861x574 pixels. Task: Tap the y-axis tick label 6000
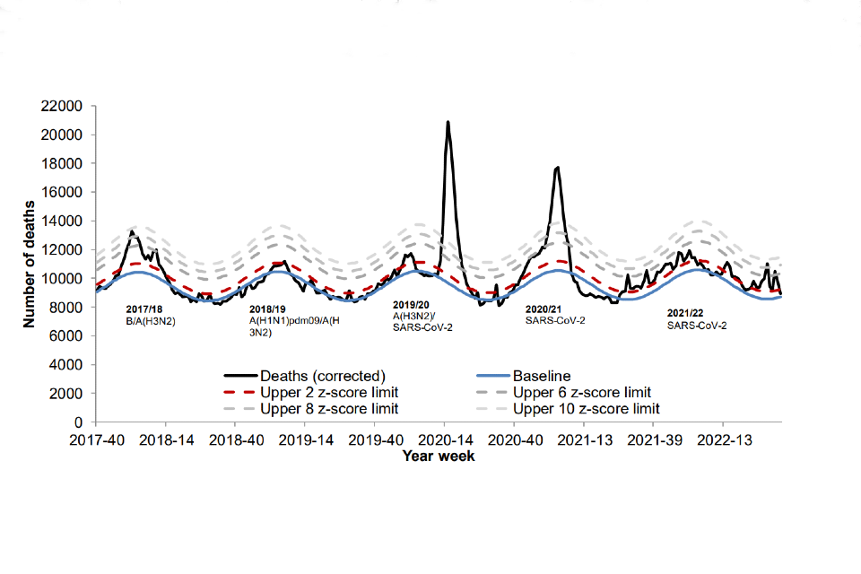coord(68,335)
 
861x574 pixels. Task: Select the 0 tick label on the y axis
coord(79,422)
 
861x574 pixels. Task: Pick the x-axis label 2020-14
coord(446,440)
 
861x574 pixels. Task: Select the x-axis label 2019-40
coord(376,440)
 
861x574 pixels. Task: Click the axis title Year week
coord(439,456)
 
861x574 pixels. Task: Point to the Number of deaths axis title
coord(30,264)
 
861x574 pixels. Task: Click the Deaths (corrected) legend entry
coord(310,377)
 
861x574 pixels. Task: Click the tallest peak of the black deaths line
coord(448,122)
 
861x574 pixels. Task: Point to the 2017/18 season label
coord(145,309)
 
